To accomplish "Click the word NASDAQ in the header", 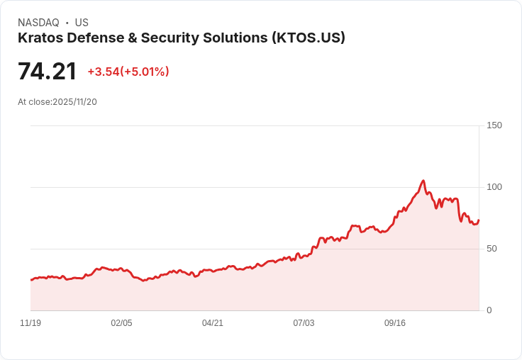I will (38, 23).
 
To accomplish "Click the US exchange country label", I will (82, 23).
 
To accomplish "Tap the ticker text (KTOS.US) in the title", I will (309, 38).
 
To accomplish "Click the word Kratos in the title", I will (40, 38).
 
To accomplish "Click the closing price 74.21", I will (47, 72).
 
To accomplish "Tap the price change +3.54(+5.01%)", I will (128, 72).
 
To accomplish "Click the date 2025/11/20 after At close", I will (74, 102).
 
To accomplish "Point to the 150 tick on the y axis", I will (494, 125).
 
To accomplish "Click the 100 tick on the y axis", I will (494, 187).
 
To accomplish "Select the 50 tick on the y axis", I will (492, 249).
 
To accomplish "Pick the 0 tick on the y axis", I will (489, 310).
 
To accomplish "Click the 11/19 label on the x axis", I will (30, 323).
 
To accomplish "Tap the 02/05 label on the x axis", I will (121, 323).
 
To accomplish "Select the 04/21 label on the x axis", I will (213, 323).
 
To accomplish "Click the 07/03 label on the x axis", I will (304, 323).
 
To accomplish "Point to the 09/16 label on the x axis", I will (395, 323).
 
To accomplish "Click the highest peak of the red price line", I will (423, 181).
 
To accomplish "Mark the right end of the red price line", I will (479, 220).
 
